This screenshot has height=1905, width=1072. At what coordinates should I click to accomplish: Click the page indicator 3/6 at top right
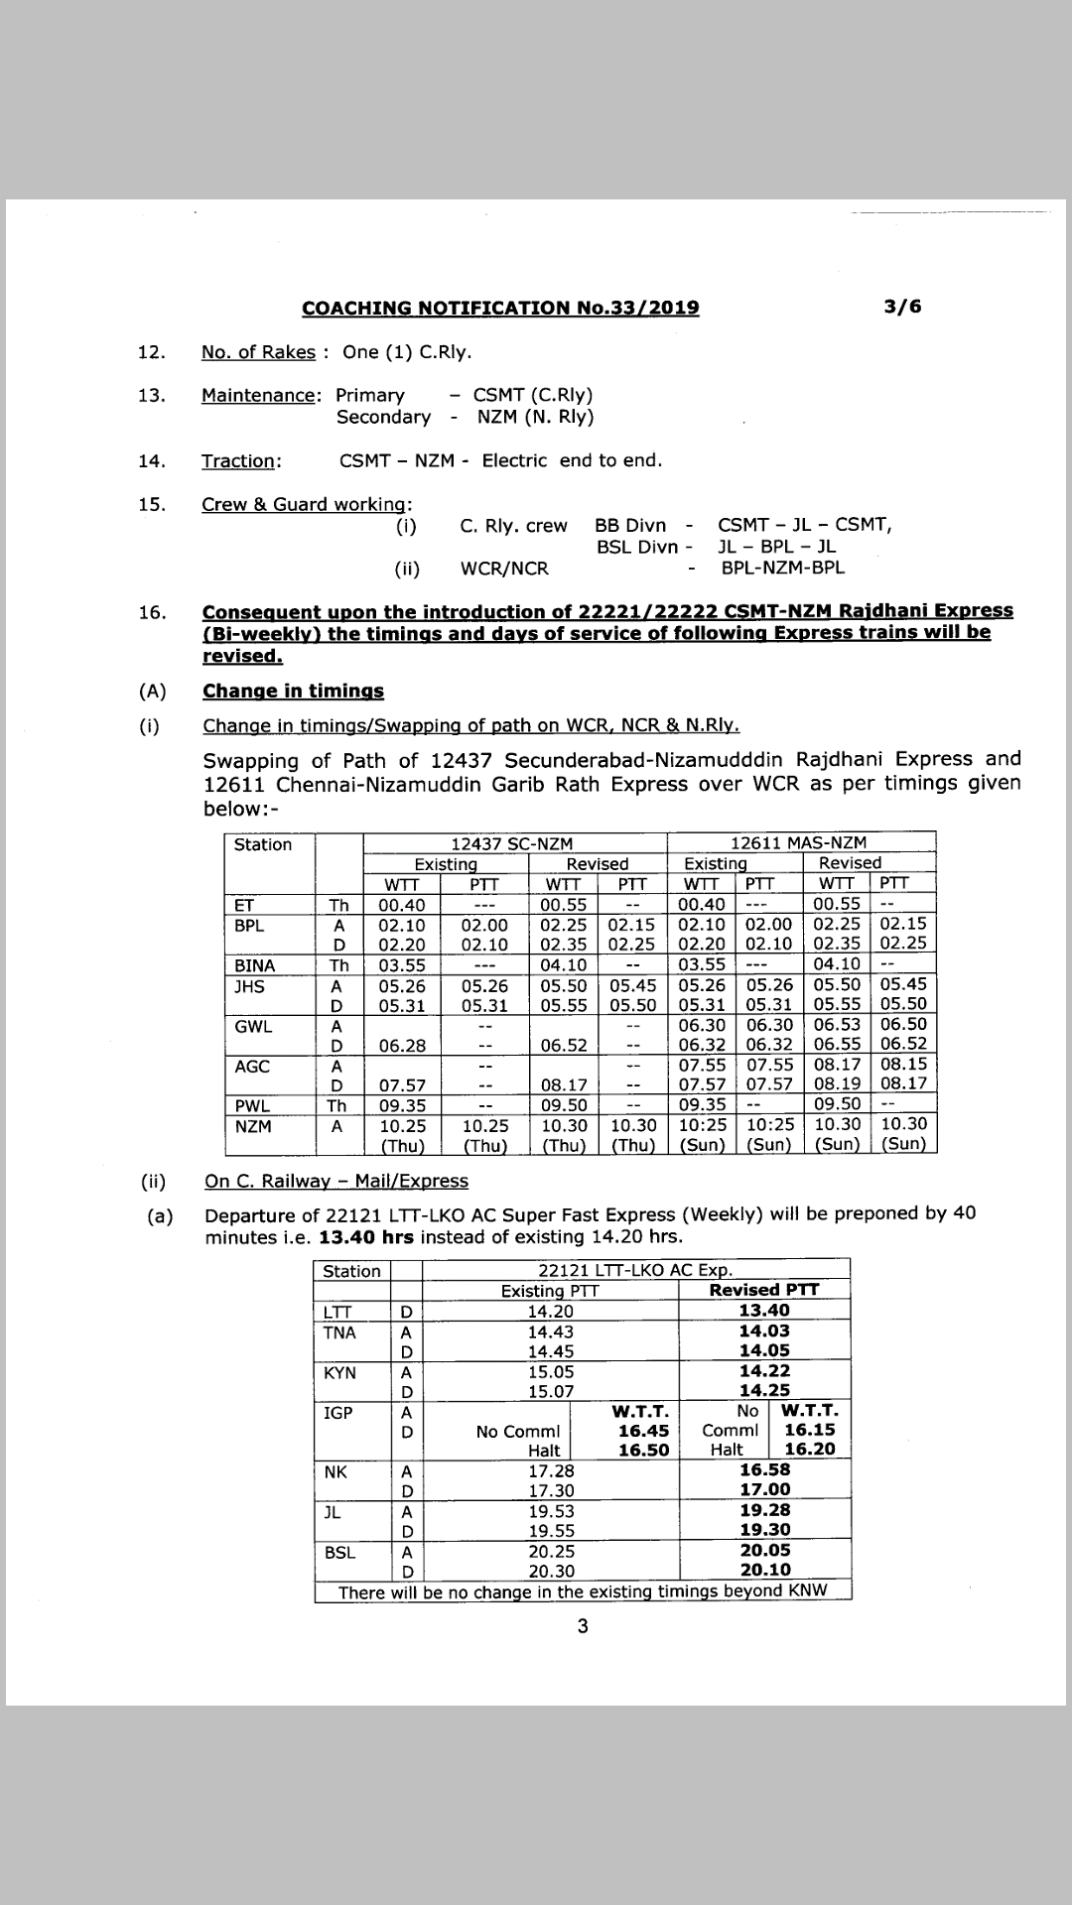(x=901, y=307)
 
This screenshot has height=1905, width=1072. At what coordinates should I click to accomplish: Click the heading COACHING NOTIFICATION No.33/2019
(x=500, y=309)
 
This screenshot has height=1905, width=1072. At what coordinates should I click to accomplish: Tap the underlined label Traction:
(x=241, y=460)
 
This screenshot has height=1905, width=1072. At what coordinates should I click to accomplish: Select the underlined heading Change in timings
(x=293, y=692)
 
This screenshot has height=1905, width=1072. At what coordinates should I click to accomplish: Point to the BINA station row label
(x=254, y=965)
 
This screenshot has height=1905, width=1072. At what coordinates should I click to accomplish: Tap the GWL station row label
(x=252, y=1027)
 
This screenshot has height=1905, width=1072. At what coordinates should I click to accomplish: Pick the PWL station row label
(x=252, y=1105)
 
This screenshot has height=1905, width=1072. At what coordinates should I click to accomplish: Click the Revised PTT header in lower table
(x=763, y=1290)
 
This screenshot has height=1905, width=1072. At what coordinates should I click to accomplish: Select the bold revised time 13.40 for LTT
(x=764, y=1311)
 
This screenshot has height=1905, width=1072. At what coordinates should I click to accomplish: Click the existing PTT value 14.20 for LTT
(x=550, y=1311)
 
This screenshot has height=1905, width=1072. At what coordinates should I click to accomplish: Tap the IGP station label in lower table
(x=337, y=1412)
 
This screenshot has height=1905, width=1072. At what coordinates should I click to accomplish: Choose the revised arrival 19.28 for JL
(x=764, y=1510)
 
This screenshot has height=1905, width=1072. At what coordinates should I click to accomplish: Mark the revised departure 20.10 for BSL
(x=764, y=1570)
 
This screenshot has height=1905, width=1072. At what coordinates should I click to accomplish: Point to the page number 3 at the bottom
(x=583, y=1626)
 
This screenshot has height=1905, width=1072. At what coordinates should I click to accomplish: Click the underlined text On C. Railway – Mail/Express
(x=335, y=1181)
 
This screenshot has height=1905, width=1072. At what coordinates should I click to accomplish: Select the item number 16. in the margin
(x=152, y=612)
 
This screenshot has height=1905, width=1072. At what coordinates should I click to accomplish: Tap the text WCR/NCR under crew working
(x=504, y=569)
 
